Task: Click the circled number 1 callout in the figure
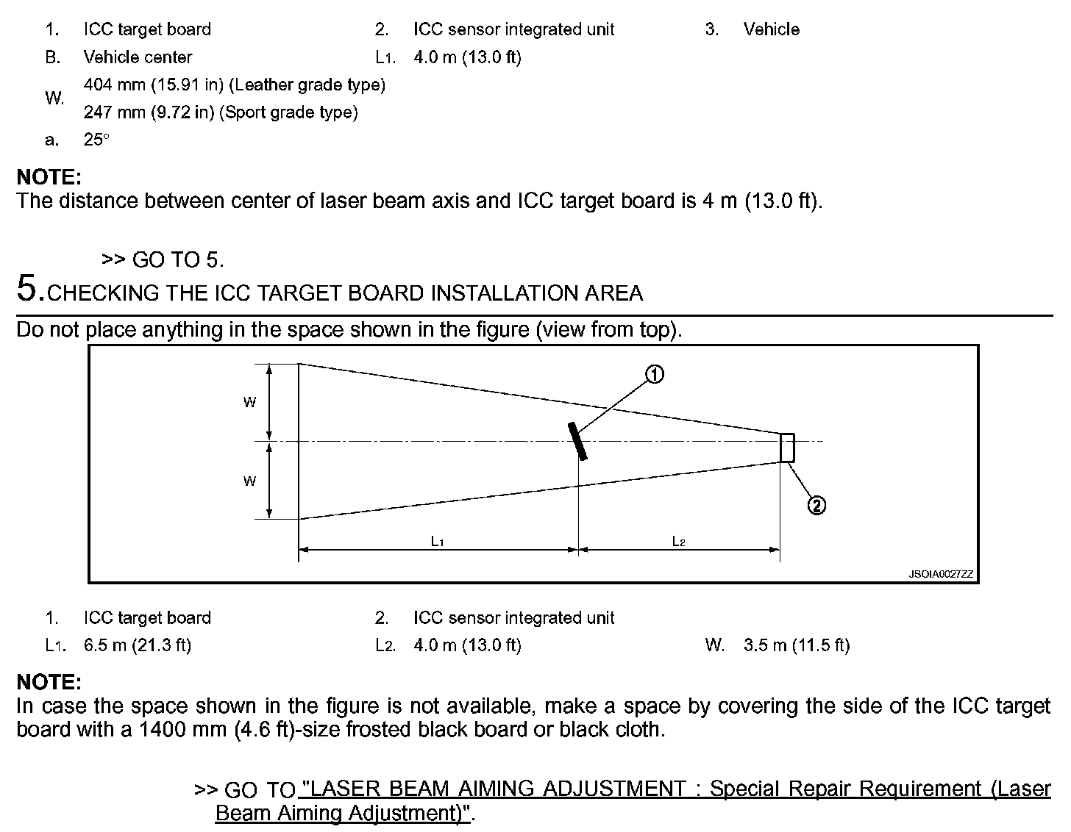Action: click(x=654, y=374)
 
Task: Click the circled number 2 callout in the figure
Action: click(x=816, y=505)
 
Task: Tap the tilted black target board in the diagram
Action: click(x=577, y=441)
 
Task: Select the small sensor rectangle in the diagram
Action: click(x=787, y=448)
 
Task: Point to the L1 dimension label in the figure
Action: click(x=438, y=542)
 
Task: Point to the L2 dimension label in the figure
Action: click(x=679, y=542)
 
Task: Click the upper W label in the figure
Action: click(x=250, y=402)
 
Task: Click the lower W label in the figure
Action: click(x=250, y=481)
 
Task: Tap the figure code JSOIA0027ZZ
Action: click(x=941, y=575)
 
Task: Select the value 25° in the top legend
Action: click(x=96, y=140)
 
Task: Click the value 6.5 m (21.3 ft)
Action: click(x=138, y=645)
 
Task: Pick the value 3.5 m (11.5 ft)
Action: click(x=797, y=645)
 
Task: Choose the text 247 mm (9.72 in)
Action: click(x=150, y=112)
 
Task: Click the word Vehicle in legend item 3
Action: click(x=771, y=29)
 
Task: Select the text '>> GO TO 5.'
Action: click(x=163, y=259)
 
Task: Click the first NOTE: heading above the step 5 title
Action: click(x=49, y=177)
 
